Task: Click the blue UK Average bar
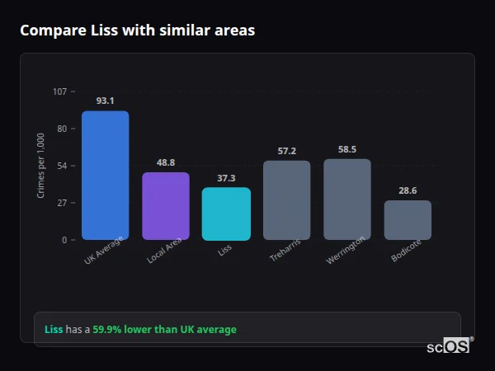[105, 176]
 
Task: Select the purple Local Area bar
[166, 206]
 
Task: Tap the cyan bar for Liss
[226, 214]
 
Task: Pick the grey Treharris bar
[286, 200]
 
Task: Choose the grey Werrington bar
[347, 200]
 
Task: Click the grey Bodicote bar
[408, 220]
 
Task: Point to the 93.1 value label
[105, 101]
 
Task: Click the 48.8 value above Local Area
[166, 162]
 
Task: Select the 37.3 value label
[226, 178]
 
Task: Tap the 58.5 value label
[347, 149]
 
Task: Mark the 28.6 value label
[408, 190]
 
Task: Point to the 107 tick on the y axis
[59, 92]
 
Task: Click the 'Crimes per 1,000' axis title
[41, 166]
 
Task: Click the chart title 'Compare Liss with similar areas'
[137, 31]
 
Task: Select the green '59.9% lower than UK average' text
[164, 329]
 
